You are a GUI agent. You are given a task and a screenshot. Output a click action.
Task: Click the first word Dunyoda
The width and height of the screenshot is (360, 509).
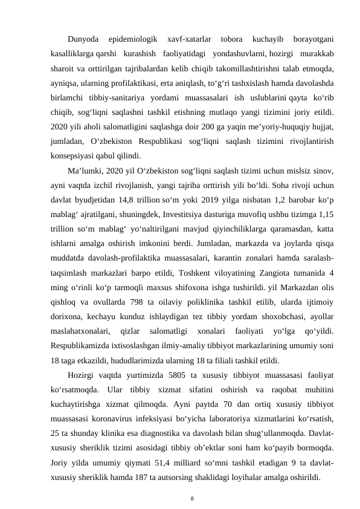(84, 40)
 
